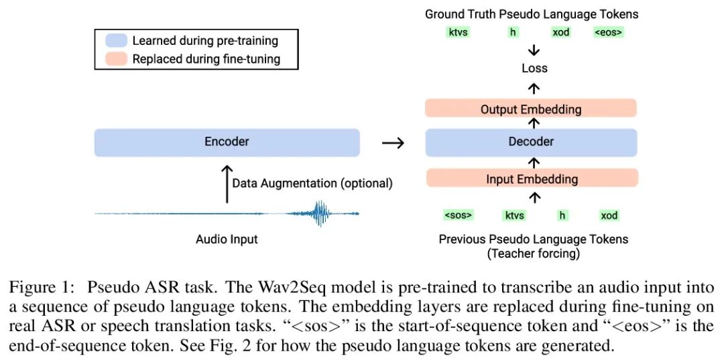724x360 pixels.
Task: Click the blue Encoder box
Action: (x=227, y=142)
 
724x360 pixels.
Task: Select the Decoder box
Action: (x=530, y=142)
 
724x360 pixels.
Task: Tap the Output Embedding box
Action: (x=530, y=109)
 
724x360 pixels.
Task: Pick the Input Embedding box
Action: (x=530, y=179)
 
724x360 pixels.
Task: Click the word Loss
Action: (x=534, y=68)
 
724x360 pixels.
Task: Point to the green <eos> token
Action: (x=608, y=32)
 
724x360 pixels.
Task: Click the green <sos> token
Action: (x=459, y=215)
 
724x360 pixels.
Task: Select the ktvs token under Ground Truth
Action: (x=458, y=32)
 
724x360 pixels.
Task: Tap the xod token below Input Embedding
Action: (x=609, y=215)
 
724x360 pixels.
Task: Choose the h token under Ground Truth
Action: (x=514, y=32)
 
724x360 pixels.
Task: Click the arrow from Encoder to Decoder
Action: (x=393, y=143)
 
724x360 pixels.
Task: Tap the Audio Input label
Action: (x=227, y=239)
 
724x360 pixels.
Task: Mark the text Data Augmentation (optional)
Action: (x=312, y=183)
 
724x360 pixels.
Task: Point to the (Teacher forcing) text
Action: (x=534, y=253)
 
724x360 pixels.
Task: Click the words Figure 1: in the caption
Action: (x=41, y=287)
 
